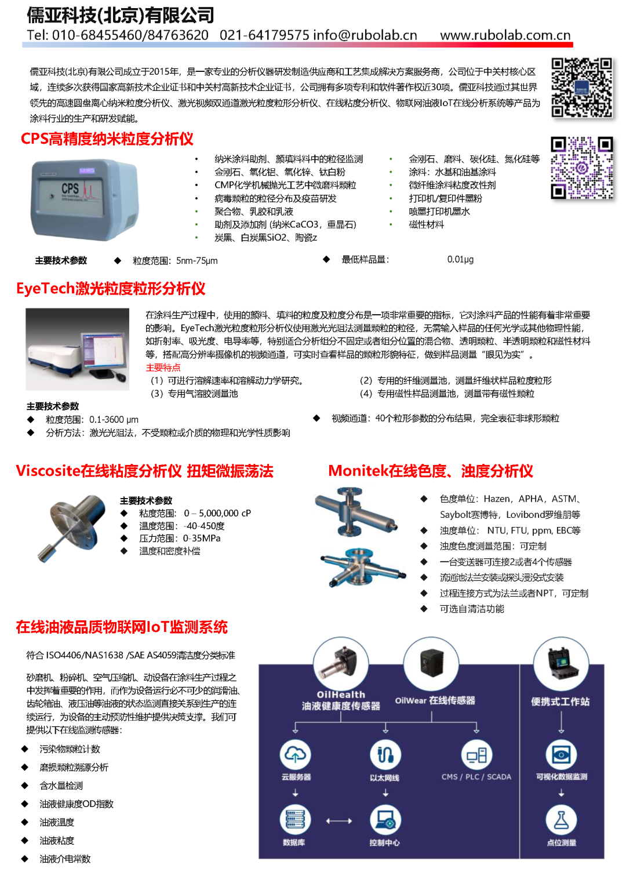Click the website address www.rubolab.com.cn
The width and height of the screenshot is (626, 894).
(x=505, y=35)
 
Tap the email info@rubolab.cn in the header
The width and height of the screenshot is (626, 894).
(x=365, y=35)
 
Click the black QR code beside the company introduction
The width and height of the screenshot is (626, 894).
(x=581, y=88)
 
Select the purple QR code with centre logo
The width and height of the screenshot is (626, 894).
(x=581, y=168)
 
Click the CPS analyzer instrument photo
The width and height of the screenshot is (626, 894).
(x=85, y=199)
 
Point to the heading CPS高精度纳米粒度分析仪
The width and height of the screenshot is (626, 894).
(x=107, y=139)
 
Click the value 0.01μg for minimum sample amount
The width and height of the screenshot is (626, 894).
(x=460, y=260)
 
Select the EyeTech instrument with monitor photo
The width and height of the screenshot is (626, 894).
(x=78, y=349)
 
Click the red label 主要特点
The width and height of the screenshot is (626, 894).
(x=163, y=368)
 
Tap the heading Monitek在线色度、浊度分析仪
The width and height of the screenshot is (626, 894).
(x=430, y=471)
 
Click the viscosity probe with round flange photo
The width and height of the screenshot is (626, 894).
(x=71, y=527)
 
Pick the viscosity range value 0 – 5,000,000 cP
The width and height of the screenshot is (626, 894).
(x=217, y=513)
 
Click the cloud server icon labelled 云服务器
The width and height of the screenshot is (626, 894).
(x=296, y=755)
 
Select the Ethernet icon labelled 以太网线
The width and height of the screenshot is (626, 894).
(x=385, y=755)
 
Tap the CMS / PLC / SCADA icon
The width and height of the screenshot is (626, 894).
(x=476, y=755)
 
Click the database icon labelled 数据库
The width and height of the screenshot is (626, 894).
(x=295, y=820)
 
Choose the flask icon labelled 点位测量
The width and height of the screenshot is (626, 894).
(x=561, y=820)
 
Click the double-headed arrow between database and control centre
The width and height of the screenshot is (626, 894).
(x=339, y=821)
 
